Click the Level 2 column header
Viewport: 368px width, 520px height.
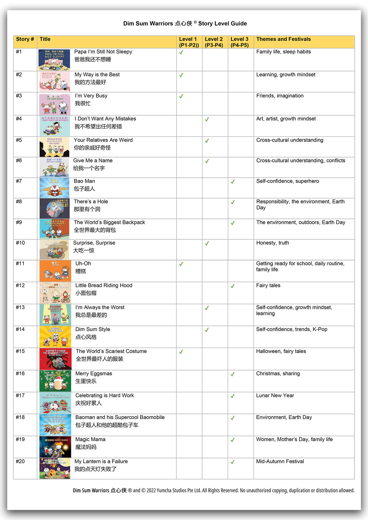click(214, 42)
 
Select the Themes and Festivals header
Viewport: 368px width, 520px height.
click(283, 39)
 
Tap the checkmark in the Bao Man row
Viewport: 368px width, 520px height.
click(233, 182)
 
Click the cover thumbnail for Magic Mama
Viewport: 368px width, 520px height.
click(55, 447)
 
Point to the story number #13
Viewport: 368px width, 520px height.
click(20, 307)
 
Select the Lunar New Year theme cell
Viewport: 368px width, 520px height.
click(275, 395)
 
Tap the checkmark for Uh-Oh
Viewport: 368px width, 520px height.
click(181, 264)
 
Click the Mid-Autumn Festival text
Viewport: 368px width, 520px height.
click(280, 461)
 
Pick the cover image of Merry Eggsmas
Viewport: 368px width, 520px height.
click(55, 381)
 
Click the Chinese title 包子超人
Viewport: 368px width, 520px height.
click(84, 189)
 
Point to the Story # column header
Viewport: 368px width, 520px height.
click(25, 39)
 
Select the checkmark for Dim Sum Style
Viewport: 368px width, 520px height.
click(207, 330)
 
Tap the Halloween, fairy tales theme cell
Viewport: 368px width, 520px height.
click(281, 351)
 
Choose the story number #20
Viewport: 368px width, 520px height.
click(20, 461)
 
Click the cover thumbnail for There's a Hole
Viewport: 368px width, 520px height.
click(55, 208)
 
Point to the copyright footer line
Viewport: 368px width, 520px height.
click(213, 490)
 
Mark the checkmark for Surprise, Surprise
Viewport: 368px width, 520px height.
click(207, 243)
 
